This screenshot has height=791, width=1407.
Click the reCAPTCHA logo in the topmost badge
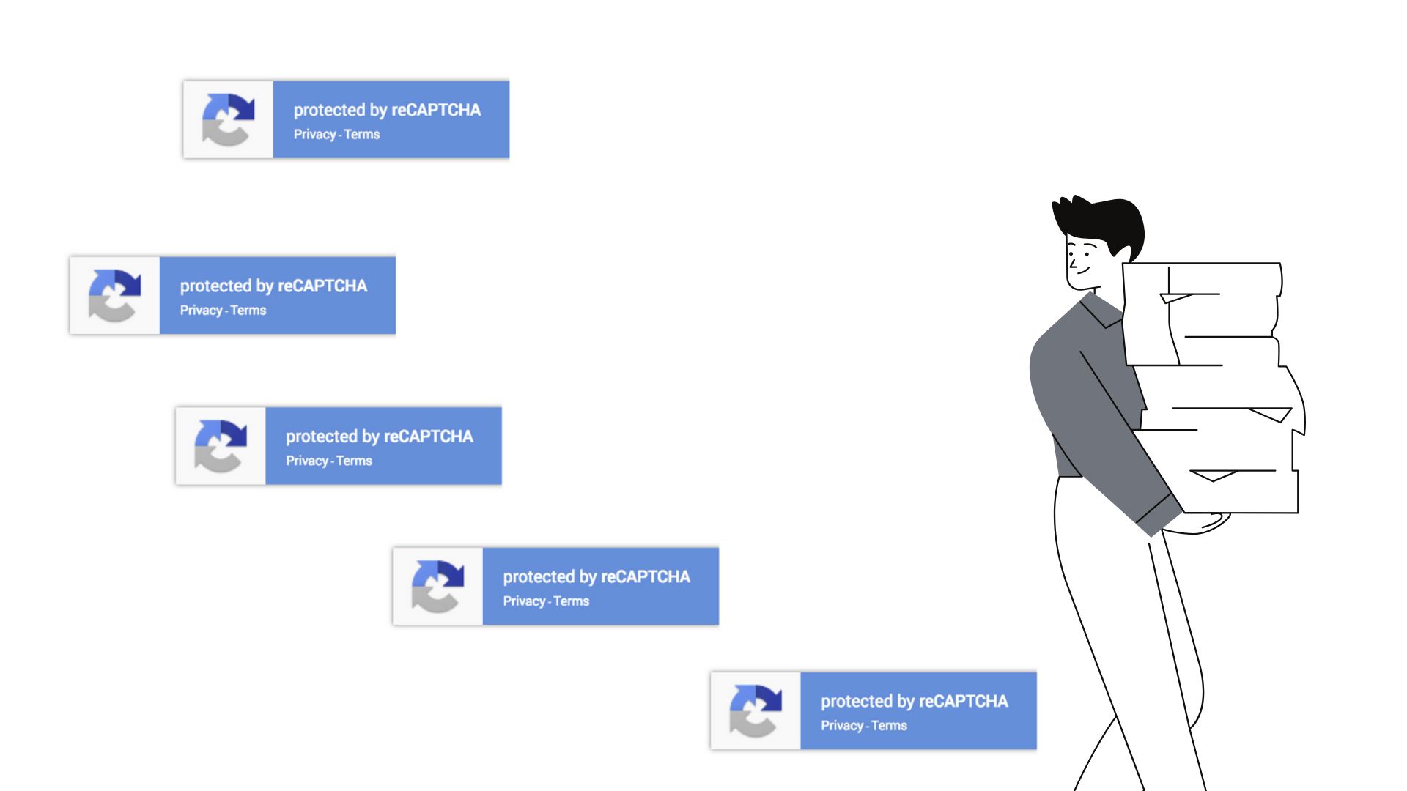point(228,119)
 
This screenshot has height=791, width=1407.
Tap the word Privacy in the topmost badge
point(314,135)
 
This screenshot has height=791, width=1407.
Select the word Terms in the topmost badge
point(362,134)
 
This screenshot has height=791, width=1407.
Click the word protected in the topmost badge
point(329,111)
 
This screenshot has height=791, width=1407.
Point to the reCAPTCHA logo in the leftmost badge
point(114,295)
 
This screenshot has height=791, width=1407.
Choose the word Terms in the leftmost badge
point(248,310)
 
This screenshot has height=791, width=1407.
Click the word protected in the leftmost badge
point(215,286)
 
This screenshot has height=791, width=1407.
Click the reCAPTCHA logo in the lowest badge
point(755,710)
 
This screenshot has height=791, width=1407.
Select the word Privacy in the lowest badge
point(842,726)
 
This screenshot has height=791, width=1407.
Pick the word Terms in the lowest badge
point(890,725)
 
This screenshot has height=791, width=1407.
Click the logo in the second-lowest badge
point(437,586)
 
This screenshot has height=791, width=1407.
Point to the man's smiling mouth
point(1082,272)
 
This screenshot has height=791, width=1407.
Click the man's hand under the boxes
point(1198,523)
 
